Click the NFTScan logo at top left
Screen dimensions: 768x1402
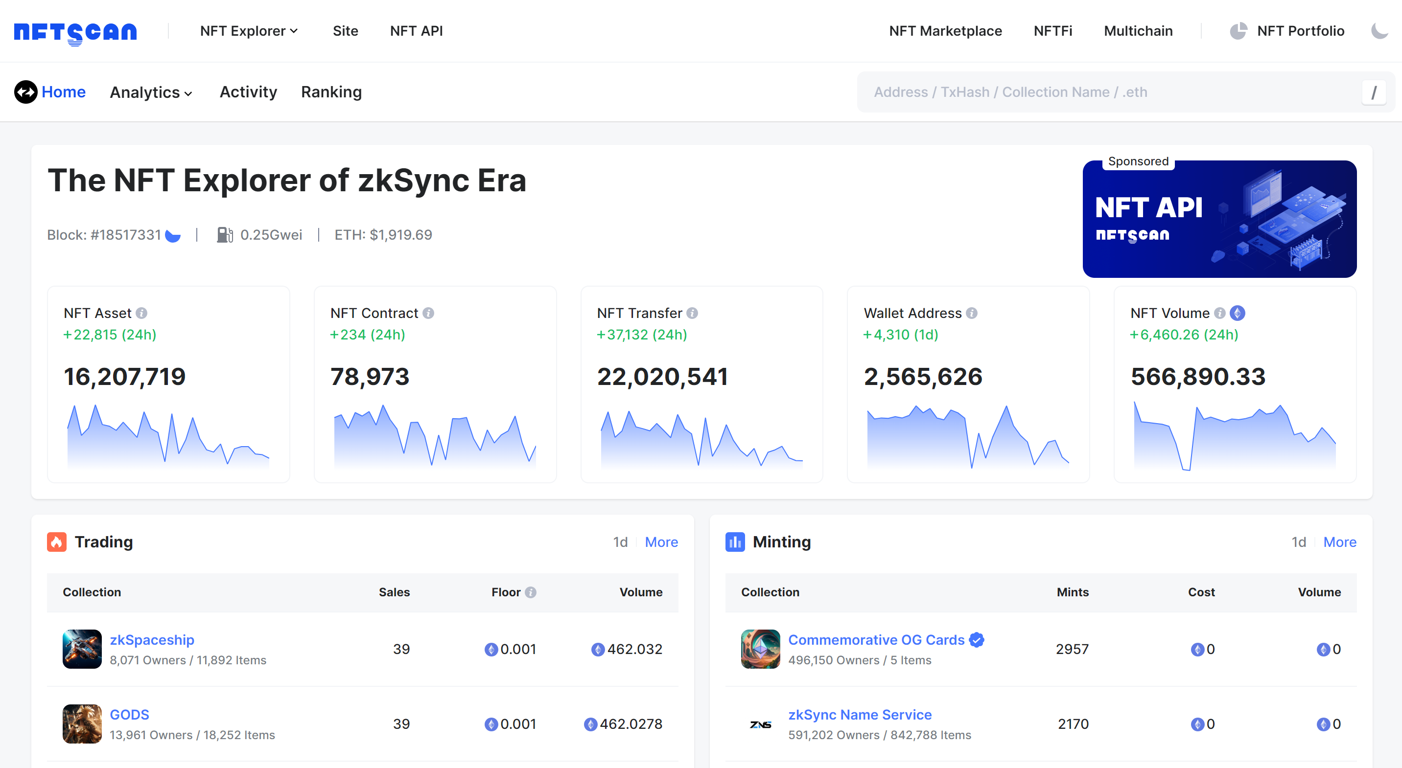coord(75,33)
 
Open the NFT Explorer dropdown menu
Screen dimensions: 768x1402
coord(249,31)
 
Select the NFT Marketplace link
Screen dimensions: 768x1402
coord(945,31)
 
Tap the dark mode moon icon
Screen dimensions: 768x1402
coord(1379,31)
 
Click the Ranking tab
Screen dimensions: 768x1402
coord(331,92)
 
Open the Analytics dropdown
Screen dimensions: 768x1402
coord(151,92)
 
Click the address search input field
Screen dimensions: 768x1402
coord(1110,92)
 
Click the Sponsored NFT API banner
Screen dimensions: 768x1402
coord(1219,219)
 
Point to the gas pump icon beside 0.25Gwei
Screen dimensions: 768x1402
coord(224,235)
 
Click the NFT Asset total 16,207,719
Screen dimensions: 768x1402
coord(125,376)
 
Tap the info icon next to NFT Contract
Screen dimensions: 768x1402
coord(428,313)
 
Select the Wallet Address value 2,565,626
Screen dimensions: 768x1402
coord(923,376)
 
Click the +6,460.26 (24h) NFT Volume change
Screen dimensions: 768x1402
coord(1184,335)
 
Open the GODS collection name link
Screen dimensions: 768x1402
coord(130,714)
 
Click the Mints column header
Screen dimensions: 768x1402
coord(1072,592)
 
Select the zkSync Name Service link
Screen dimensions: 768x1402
coord(860,714)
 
